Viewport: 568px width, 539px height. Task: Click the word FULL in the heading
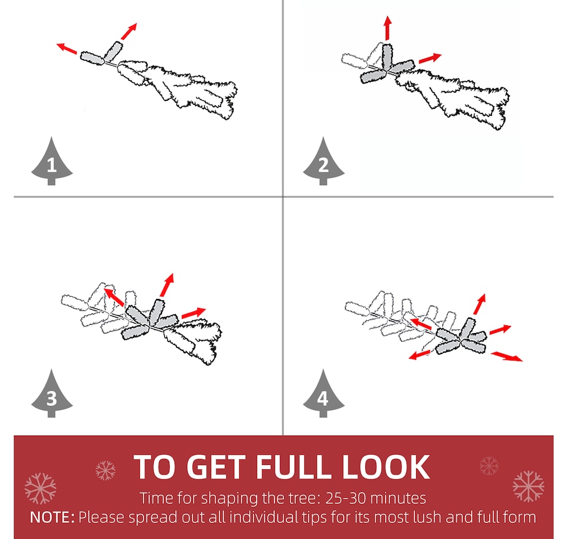coord(295,467)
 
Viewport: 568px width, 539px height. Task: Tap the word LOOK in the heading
coord(386,467)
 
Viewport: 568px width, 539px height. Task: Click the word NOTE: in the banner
coord(52,518)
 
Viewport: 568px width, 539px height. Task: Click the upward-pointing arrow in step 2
coord(388,28)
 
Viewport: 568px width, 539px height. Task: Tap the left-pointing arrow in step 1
coord(67,48)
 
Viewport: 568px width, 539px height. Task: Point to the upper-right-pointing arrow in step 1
coord(129,32)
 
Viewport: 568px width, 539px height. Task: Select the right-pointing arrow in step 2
coord(430,58)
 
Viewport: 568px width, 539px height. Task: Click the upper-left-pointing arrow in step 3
coord(114,297)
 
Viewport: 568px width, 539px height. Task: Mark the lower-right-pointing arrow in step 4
coord(507,356)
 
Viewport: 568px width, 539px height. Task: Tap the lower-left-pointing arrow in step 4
coord(420,355)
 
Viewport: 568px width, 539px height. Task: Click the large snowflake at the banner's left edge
coord(41,488)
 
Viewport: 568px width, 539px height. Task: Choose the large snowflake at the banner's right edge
coord(529,486)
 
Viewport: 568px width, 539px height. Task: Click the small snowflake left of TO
coord(105,470)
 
